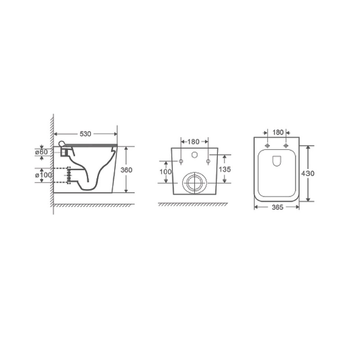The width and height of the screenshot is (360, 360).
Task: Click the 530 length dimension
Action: tap(85, 134)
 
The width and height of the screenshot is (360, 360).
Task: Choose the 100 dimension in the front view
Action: tap(165, 172)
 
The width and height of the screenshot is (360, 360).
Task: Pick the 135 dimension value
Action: tap(225, 169)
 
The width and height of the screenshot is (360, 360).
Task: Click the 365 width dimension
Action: tap(277, 207)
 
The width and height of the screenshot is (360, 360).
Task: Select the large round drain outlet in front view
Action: tap(194, 183)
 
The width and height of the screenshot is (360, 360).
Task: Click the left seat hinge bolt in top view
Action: tap(267, 145)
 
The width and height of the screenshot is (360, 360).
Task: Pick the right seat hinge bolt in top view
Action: tap(286, 145)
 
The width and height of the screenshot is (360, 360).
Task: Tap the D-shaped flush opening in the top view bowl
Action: tap(277, 161)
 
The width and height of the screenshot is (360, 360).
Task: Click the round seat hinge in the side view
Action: tap(63, 144)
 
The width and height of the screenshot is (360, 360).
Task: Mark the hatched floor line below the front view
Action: tap(193, 204)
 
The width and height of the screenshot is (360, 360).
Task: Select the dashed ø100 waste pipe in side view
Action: tap(68, 175)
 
